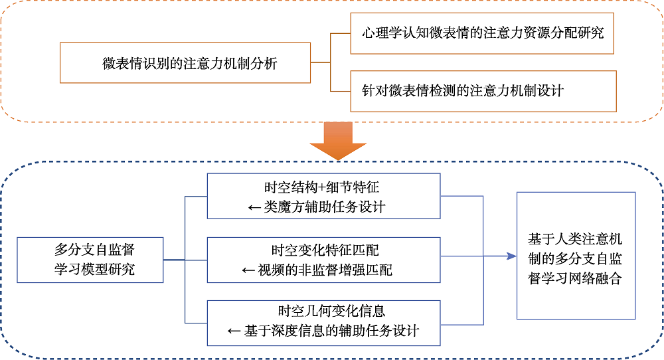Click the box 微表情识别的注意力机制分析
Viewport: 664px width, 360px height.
pos(185,64)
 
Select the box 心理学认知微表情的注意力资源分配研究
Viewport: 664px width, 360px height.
pos(482,33)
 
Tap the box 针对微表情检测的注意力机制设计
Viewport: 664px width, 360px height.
pos(483,90)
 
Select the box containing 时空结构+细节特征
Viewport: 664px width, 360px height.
pos(323,197)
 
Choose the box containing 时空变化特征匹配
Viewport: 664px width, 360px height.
pos(323,260)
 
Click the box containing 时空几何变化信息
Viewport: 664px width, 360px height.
pos(323,323)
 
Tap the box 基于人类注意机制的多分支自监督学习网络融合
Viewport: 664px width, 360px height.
pos(575,256)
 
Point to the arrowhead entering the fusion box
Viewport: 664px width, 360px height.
pos(511,256)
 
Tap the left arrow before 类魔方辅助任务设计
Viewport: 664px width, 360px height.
pos(254,207)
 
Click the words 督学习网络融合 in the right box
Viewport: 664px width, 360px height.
pos(575,278)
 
